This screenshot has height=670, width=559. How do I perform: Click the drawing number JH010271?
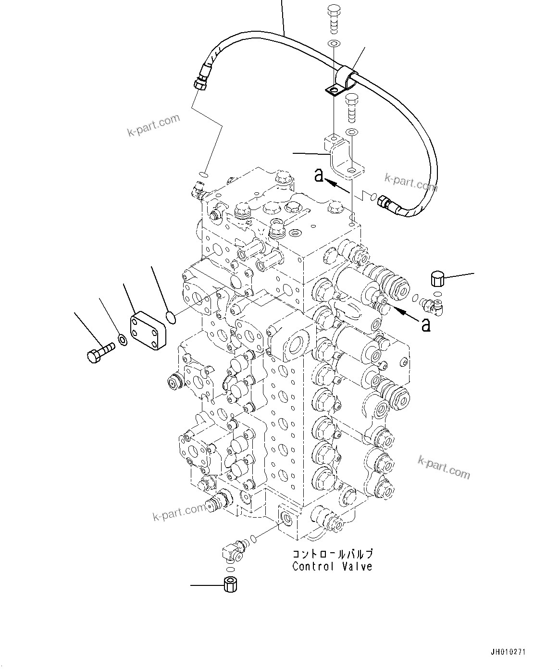(x=508, y=652)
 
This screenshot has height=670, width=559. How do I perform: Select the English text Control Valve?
(x=332, y=567)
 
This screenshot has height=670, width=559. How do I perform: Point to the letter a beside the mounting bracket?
(x=318, y=175)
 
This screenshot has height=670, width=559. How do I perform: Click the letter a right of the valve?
(x=425, y=325)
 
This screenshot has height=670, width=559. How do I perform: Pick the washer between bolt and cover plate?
(x=123, y=340)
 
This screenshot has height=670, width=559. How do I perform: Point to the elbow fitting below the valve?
(x=233, y=551)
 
